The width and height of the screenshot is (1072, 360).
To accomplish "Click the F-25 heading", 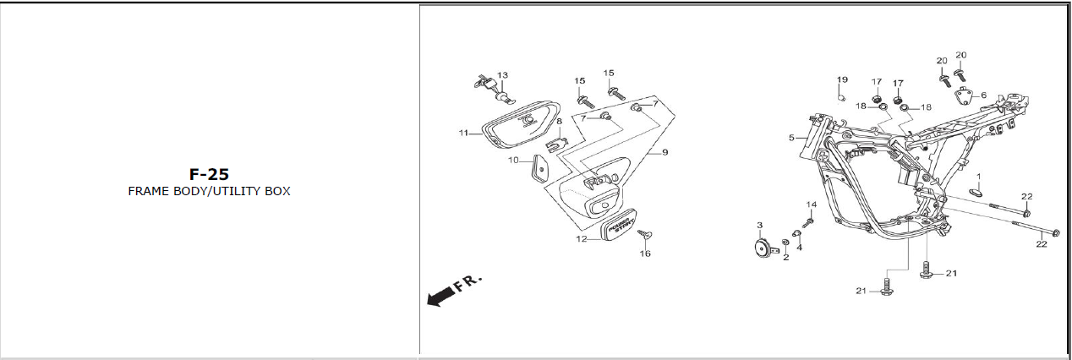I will [x=209, y=174].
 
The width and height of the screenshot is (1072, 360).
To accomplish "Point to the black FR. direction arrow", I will [x=440, y=297].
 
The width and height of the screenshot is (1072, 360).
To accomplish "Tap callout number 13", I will [x=502, y=75].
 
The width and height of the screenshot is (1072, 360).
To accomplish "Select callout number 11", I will [x=463, y=134].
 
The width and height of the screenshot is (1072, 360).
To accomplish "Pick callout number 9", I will [x=665, y=152].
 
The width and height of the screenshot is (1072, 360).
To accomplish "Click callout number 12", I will [x=582, y=239].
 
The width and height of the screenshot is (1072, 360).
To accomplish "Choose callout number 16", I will [x=645, y=254].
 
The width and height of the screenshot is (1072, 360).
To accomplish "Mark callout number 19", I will [x=842, y=79].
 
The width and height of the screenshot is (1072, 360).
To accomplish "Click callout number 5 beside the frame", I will [x=791, y=137].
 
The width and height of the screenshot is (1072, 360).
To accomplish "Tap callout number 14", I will [x=811, y=205].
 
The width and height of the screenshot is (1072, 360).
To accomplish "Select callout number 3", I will [x=759, y=226].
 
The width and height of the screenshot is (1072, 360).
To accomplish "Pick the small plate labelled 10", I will [x=539, y=170].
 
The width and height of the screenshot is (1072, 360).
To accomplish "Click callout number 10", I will [x=513, y=160].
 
